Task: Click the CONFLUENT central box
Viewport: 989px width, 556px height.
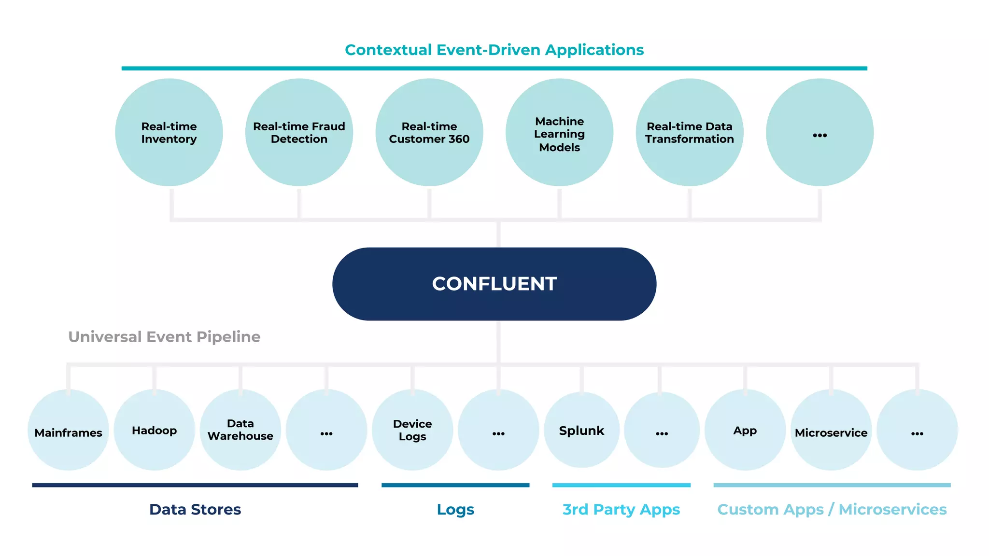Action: click(494, 284)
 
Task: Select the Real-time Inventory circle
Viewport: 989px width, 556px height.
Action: click(169, 132)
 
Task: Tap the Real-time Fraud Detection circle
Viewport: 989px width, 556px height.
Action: click(299, 132)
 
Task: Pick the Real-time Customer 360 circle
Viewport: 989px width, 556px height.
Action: click(429, 132)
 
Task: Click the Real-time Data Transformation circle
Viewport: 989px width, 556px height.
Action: click(689, 132)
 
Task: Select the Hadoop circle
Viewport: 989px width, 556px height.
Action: click(154, 430)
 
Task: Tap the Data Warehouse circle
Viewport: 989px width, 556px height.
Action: click(240, 430)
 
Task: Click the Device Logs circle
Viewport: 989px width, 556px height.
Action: click(412, 430)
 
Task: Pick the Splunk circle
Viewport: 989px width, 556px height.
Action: click(581, 430)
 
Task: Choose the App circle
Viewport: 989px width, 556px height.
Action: click(745, 430)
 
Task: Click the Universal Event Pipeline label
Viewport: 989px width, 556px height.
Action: click(164, 336)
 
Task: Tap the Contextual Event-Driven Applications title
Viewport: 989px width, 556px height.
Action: click(494, 50)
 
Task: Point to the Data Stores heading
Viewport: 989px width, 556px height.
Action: click(195, 509)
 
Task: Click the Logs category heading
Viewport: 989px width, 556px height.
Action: click(455, 509)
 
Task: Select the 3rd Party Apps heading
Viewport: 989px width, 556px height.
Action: click(621, 509)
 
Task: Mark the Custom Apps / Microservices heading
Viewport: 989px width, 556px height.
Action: click(832, 509)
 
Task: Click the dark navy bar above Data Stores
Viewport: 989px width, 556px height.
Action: click(195, 485)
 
